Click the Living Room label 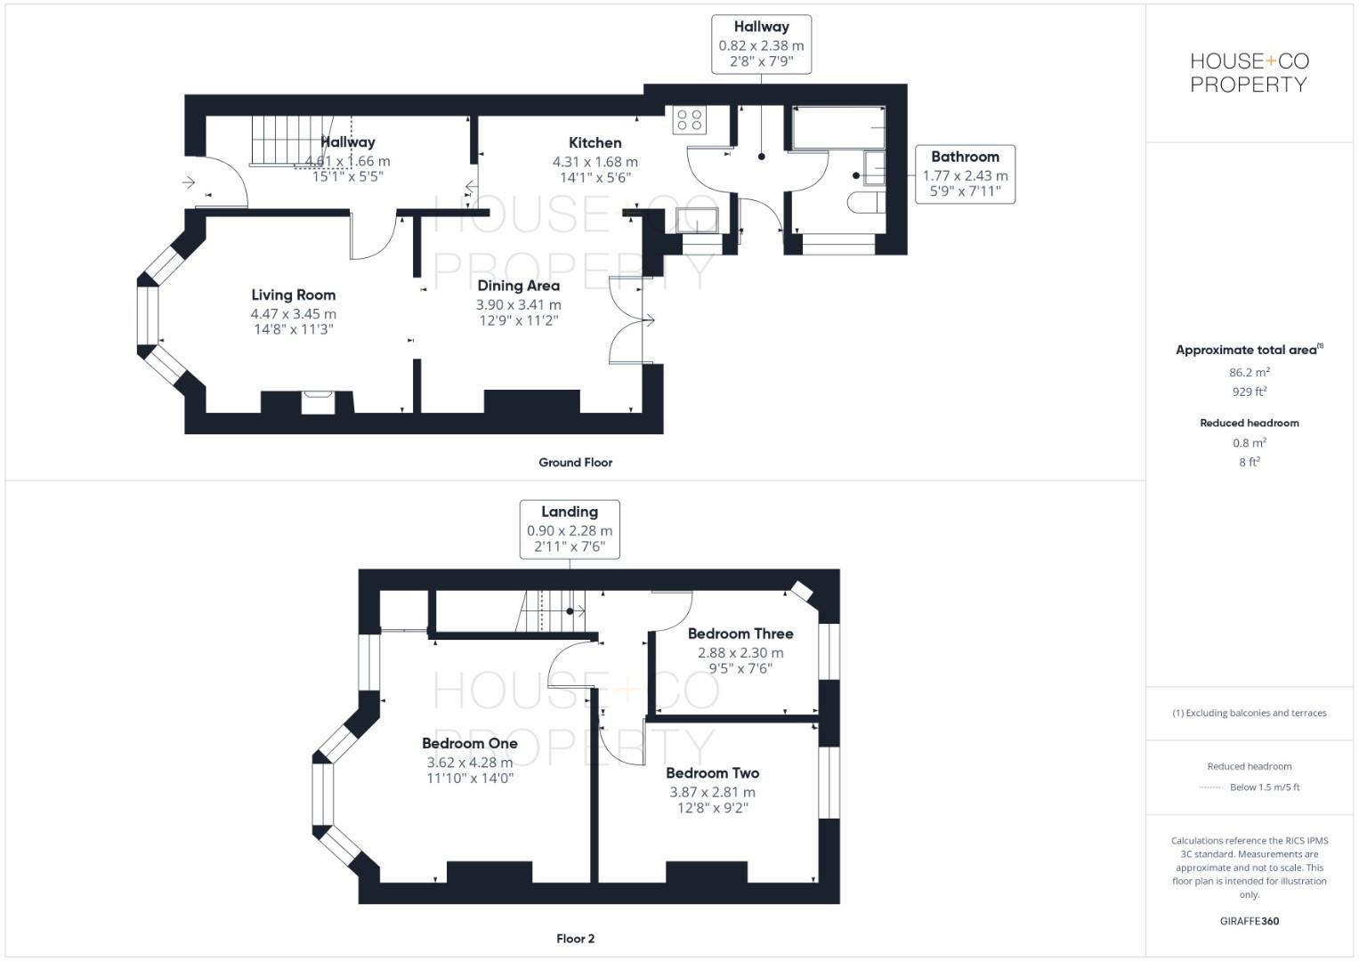pyautogui.click(x=293, y=295)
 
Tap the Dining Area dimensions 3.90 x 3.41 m pyautogui.click(x=518, y=304)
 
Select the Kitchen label pyautogui.click(x=595, y=142)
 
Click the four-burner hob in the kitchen pyautogui.click(x=689, y=119)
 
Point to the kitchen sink pyautogui.click(x=697, y=220)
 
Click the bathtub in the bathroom pyautogui.click(x=838, y=128)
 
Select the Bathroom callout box pyautogui.click(x=965, y=174)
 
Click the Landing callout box pyautogui.click(x=570, y=529)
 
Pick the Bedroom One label pyautogui.click(x=469, y=743)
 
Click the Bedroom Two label pyautogui.click(x=712, y=773)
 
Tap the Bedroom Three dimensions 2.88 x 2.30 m pyautogui.click(x=740, y=652)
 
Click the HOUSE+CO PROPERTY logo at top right pyautogui.click(x=1250, y=73)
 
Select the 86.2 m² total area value pyautogui.click(x=1250, y=373)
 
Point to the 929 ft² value pyautogui.click(x=1250, y=392)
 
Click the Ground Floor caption pyautogui.click(x=575, y=462)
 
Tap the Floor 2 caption pyautogui.click(x=575, y=938)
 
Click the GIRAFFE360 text pyautogui.click(x=1250, y=921)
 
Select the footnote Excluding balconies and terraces pyautogui.click(x=1250, y=713)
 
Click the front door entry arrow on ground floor pyautogui.click(x=189, y=182)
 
